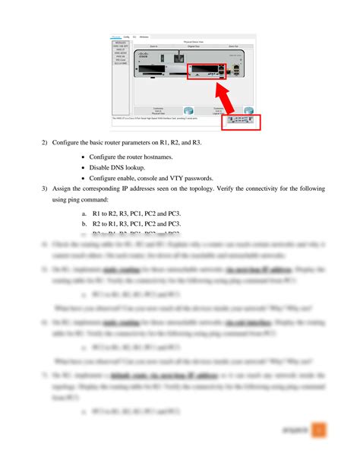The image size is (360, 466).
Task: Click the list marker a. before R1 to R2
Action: [84, 214]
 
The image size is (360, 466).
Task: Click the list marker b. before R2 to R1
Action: [84, 224]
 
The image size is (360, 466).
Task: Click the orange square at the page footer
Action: [320, 430]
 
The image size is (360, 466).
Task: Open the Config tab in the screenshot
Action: [126, 36]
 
